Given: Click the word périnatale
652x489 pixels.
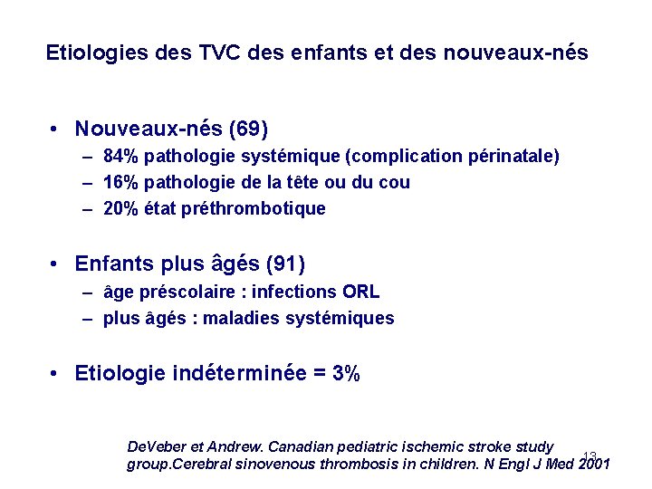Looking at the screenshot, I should coord(512,157).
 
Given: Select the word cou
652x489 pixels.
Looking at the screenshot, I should coord(394,182).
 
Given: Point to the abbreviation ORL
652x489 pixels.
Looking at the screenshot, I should coord(361,292).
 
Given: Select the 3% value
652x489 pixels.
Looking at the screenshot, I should coord(347,373).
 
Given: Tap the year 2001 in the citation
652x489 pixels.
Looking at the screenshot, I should coord(594,465).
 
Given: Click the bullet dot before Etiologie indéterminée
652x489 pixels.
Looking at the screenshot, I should coord(56,373).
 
